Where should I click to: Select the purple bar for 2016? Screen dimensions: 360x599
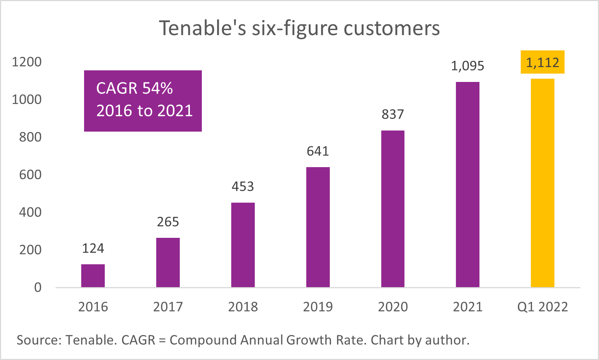coord(93,276)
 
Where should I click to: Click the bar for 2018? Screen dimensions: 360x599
coord(243,245)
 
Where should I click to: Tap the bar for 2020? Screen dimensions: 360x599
coord(393,209)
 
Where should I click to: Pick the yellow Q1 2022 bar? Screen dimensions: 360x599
coord(542,183)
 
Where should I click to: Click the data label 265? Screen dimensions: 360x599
coord(168,222)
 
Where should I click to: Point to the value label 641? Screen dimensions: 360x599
coord(318,151)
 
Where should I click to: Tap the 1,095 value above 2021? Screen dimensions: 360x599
coord(467,66)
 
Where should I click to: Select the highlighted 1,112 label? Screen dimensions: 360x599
coord(542,63)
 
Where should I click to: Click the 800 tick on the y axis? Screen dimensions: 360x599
coord(30,137)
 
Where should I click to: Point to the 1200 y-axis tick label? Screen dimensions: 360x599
coord(27,62)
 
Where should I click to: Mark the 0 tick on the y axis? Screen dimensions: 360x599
coord(38,288)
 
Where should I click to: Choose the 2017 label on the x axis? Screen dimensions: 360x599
coord(168,307)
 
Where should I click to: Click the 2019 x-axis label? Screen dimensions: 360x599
coord(318,307)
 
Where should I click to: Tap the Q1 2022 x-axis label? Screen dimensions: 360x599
coord(542,307)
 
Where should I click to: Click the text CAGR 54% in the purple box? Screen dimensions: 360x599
coord(134,88)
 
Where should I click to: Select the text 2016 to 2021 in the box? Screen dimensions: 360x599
coord(144,111)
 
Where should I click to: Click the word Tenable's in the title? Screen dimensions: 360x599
coord(203,28)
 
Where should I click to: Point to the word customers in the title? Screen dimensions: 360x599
coord(392,28)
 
